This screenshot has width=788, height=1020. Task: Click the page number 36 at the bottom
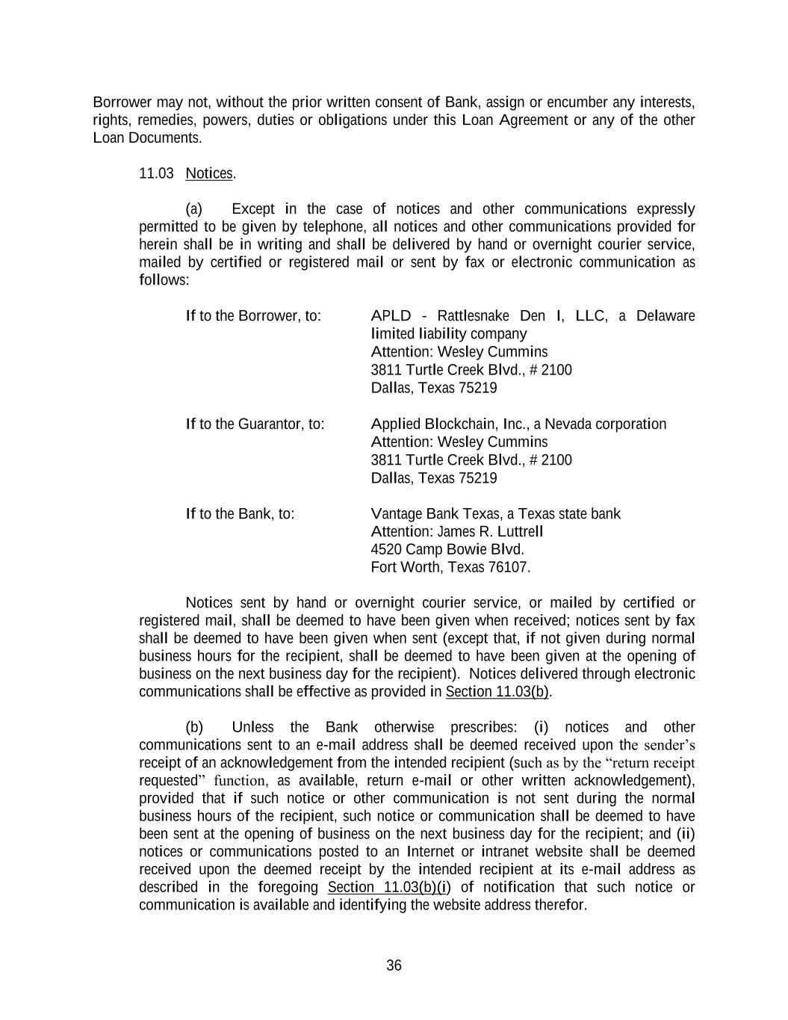tap(394, 965)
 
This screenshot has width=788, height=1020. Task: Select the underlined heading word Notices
tap(209, 173)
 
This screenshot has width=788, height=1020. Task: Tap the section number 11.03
tap(156, 173)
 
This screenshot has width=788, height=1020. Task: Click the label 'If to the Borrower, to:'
tap(253, 316)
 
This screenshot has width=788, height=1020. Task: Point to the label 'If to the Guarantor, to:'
tap(255, 424)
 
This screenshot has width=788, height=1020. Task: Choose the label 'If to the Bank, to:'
tap(240, 514)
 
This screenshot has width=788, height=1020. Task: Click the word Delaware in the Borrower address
tap(665, 316)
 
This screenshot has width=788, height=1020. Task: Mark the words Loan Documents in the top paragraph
tap(147, 138)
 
